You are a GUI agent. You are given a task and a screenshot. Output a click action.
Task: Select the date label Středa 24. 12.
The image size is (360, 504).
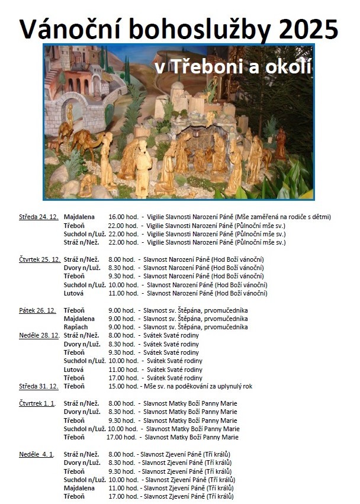[x=38, y=217]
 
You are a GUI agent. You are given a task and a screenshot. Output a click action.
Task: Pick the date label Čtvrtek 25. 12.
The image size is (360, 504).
[x=40, y=259]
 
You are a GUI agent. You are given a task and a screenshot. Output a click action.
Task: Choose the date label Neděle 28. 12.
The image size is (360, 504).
[x=39, y=335]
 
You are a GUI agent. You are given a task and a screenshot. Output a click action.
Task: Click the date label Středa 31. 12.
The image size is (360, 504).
[x=38, y=386]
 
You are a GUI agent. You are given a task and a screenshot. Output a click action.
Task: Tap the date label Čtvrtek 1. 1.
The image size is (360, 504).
[x=37, y=403]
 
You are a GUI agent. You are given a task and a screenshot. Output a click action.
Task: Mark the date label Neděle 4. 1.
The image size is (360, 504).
[x=37, y=454]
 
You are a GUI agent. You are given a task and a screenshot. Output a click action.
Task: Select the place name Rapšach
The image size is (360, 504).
[x=76, y=327]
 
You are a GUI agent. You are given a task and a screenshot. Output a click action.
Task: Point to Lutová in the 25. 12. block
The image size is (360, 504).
[x=74, y=293]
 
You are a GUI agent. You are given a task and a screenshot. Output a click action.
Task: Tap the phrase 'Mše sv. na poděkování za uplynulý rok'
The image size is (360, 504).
[x=197, y=386]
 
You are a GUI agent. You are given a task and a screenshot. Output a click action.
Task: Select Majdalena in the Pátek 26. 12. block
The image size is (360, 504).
[x=79, y=319]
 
